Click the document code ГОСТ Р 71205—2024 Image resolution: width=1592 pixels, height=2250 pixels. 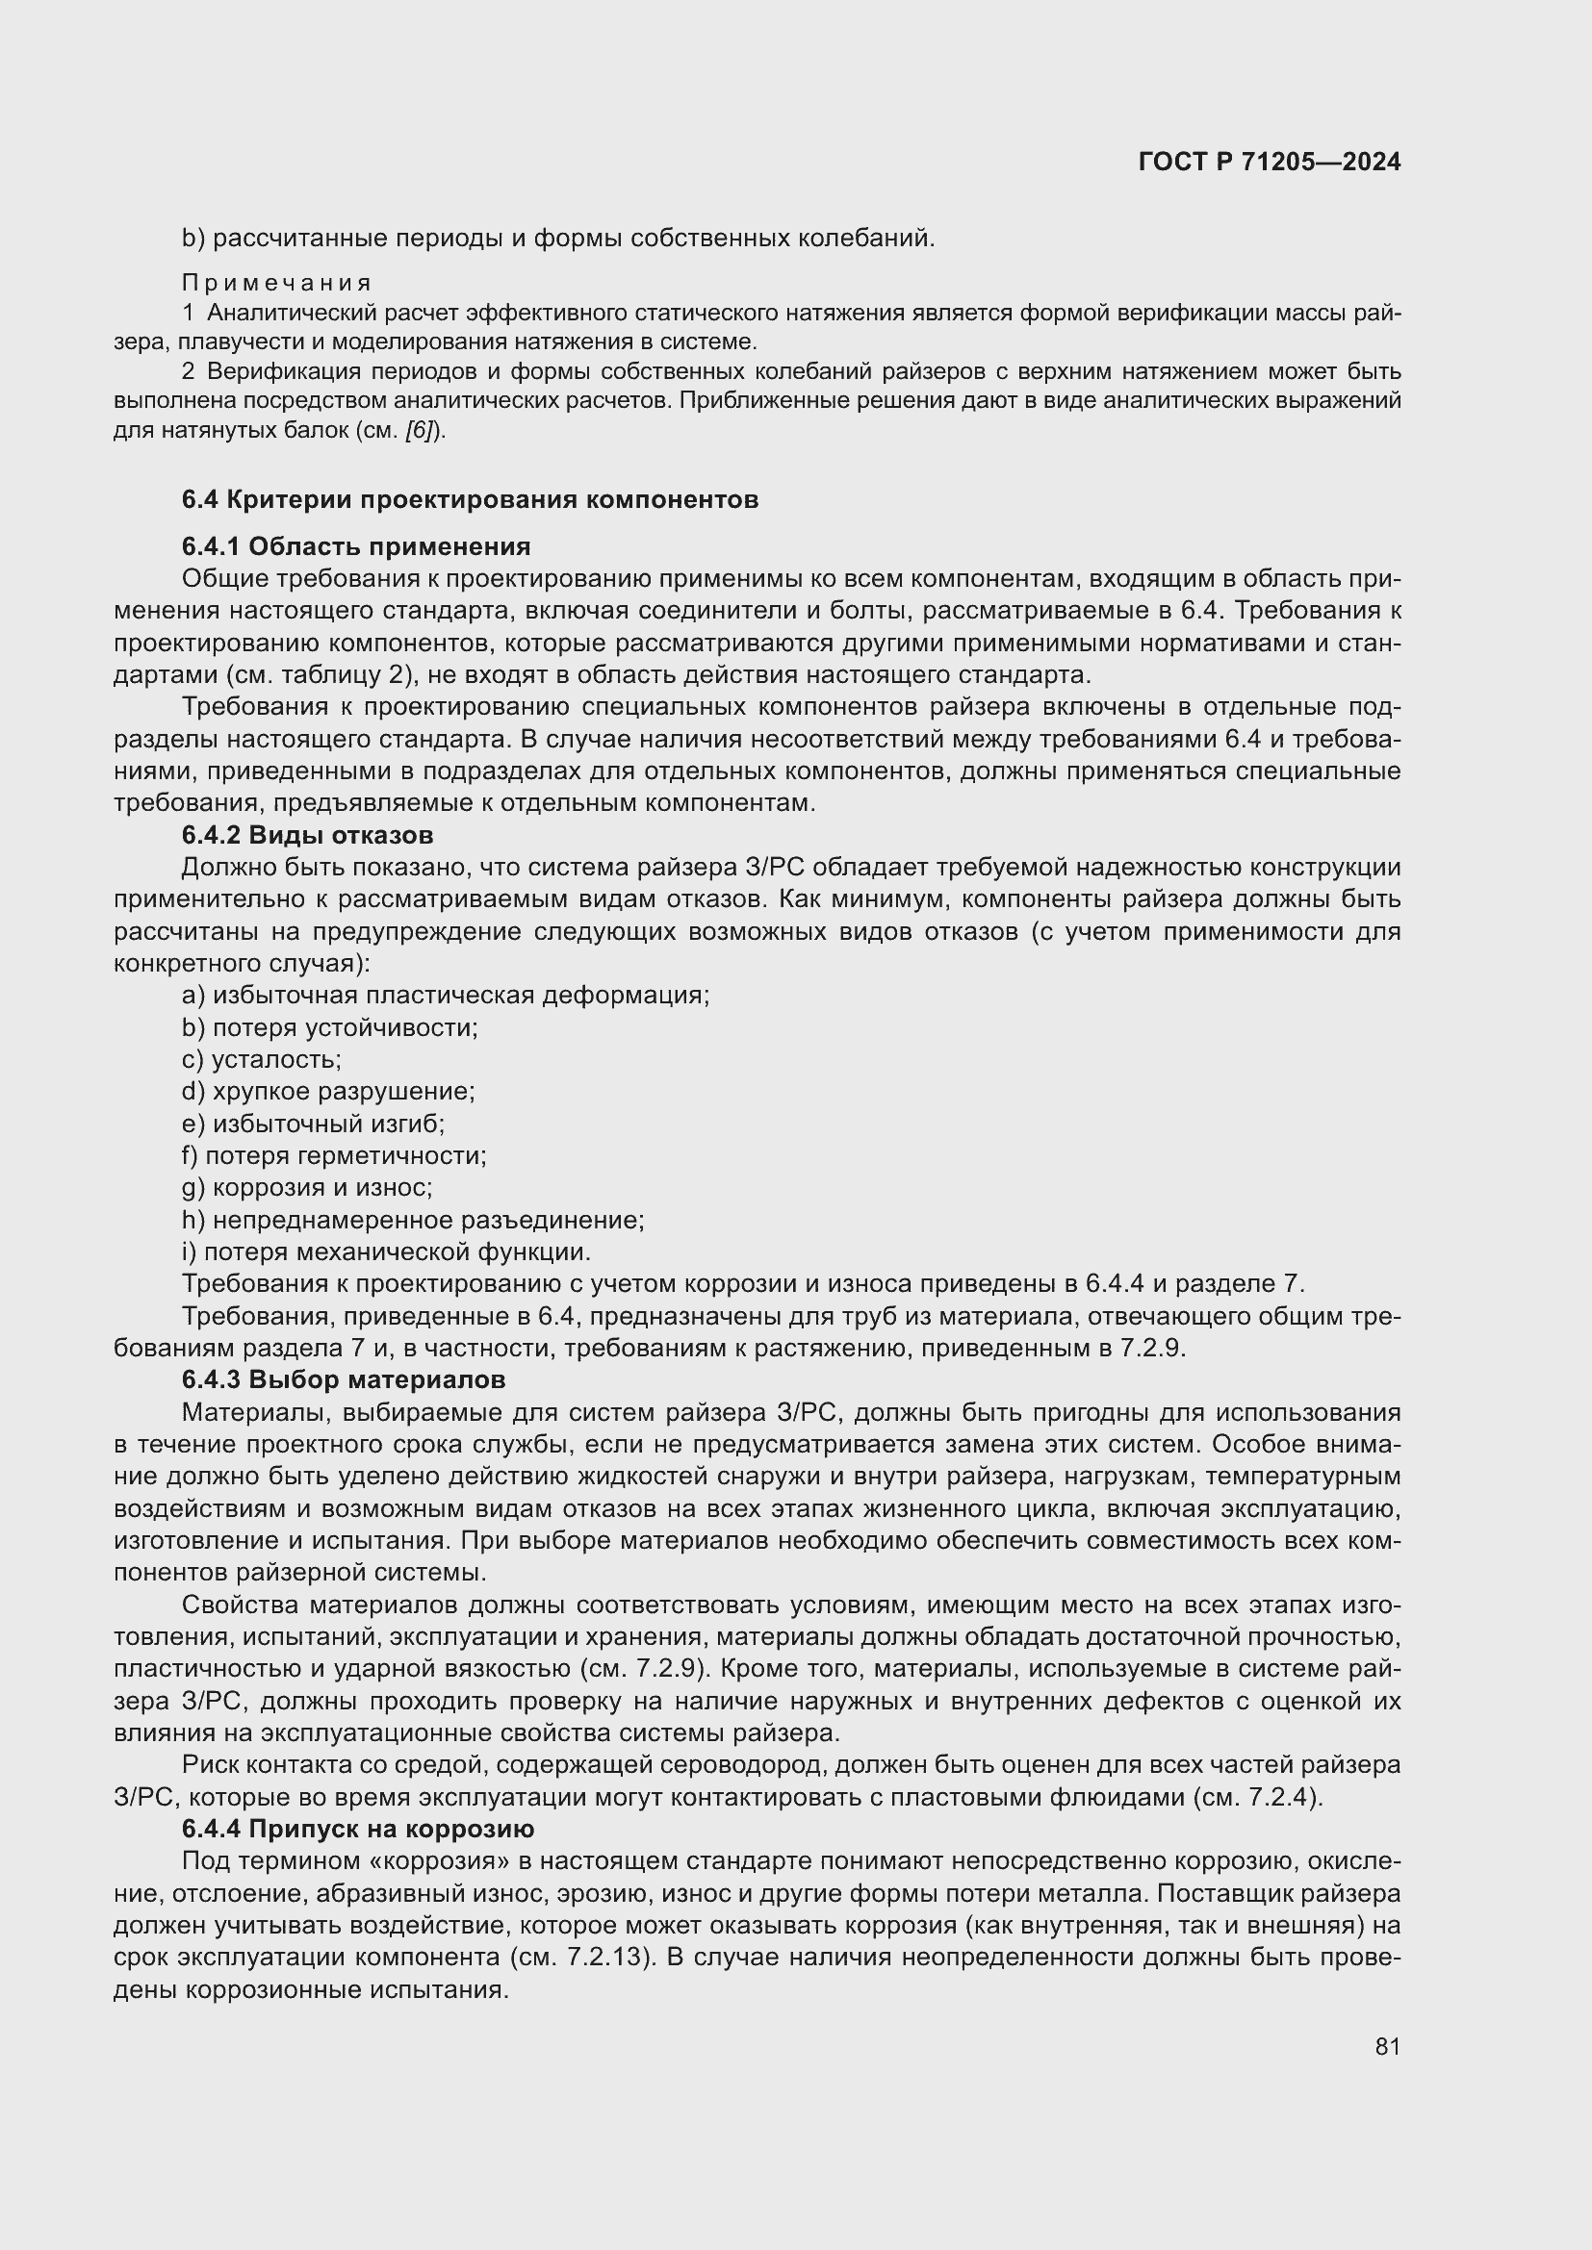(x=1270, y=162)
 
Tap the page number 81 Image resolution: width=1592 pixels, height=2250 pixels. (x=1387, y=2047)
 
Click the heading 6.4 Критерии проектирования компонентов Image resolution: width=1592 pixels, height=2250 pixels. (x=470, y=500)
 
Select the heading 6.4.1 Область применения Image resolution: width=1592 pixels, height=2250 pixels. (x=356, y=546)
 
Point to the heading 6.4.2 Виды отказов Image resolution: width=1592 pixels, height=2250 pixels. (x=307, y=835)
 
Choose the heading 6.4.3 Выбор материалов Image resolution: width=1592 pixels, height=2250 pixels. (x=343, y=1379)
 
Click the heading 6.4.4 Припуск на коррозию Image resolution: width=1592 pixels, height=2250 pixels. (x=358, y=1830)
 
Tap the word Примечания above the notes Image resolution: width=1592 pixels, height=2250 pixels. (x=277, y=283)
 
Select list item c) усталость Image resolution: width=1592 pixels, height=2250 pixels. (x=262, y=1059)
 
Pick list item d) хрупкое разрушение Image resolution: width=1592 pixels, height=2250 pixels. (x=328, y=1092)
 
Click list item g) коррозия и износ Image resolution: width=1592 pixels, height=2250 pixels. (x=307, y=1188)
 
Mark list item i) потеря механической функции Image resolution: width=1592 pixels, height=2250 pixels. (x=386, y=1252)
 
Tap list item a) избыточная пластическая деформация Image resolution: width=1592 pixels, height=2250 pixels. (x=445, y=996)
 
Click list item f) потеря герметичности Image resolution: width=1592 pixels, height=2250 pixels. (x=333, y=1156)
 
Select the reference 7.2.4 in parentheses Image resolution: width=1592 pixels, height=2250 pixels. (x=1283, y=1798)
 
